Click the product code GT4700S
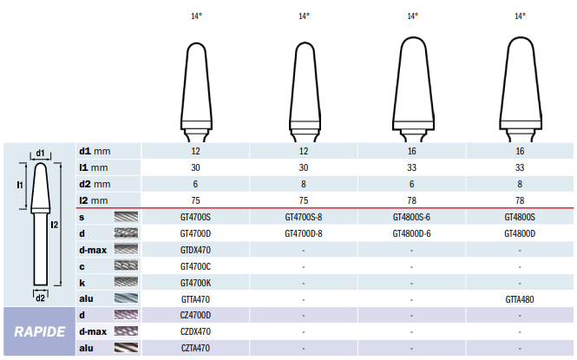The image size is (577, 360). click(x=195, y=218)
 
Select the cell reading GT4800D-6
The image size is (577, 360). click(x=411, y=234)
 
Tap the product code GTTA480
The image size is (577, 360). click(x=520, y=299)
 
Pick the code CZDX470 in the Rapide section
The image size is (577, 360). click(x=195, y=331)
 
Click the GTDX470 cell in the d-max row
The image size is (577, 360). click(x=195, y=250)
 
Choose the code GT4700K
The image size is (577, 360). click(x=195, y=283)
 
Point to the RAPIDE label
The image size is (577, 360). click(x=39, y=331)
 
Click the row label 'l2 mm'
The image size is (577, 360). click(x=94, y=200)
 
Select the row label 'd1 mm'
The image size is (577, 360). click(x=95, y=151)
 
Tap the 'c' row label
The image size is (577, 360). click(x=82, y=266)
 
